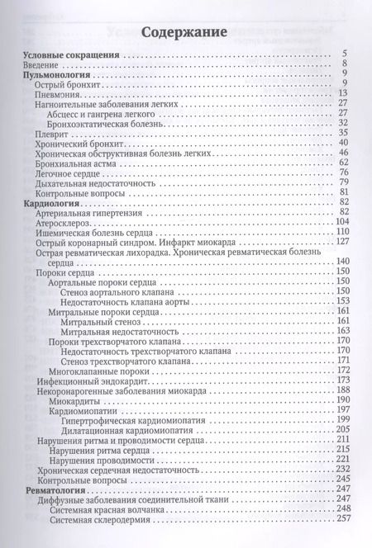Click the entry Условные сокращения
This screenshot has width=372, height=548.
pos(71,55)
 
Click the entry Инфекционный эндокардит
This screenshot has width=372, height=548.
pos(88,381)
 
